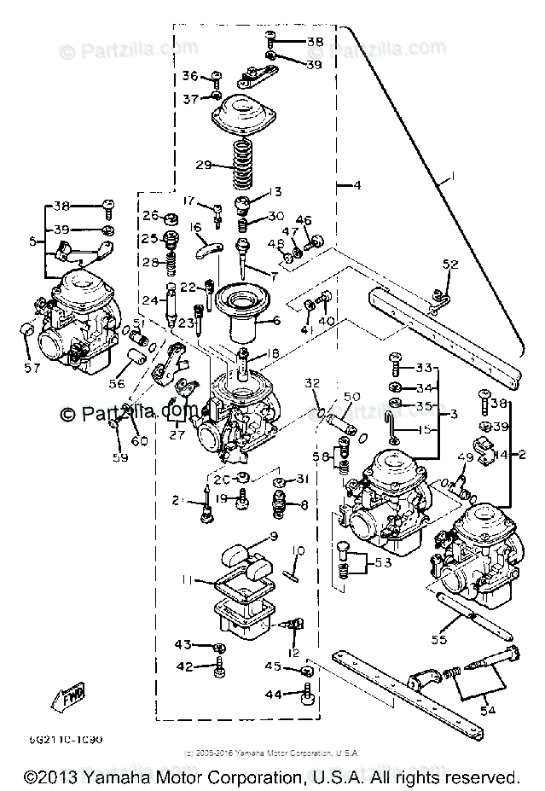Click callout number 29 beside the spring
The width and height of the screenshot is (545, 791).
(203, 165)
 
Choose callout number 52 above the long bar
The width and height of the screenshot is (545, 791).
(450, 265)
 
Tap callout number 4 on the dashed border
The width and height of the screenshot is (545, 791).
(357, 184)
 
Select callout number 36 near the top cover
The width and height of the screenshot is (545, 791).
(190, 77)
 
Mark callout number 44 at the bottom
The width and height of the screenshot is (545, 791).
(273, 695)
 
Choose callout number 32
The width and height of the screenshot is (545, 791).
(313, 382)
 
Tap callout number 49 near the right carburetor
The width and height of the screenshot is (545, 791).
(464, 458)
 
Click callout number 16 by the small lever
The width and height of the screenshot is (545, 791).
(195, 228)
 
